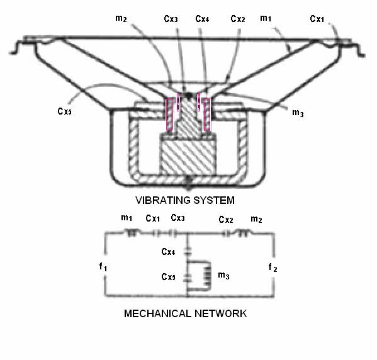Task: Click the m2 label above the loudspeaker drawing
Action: coord(121,18)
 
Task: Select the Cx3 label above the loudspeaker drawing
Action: coord(171,19)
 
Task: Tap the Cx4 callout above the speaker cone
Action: coord(202,18)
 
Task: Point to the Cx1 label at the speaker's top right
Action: coord(317,18)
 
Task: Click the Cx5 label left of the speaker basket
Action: coord(64,111)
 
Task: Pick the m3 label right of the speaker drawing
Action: coord(298,113)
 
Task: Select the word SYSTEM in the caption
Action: coord(214,200)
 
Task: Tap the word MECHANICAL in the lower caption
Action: coord(157,313)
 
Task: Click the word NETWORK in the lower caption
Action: coord(220,313)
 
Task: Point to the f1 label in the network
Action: coord(103,267)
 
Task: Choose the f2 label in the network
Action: coord(273,267)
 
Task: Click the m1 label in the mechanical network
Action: coord(127,218)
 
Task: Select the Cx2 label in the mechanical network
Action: coord(226,219)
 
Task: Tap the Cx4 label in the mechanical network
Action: coord(168,252)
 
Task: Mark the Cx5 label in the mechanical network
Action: coord(168,276)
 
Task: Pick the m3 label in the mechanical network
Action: coord(223,275)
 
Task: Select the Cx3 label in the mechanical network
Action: coord(177,218)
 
